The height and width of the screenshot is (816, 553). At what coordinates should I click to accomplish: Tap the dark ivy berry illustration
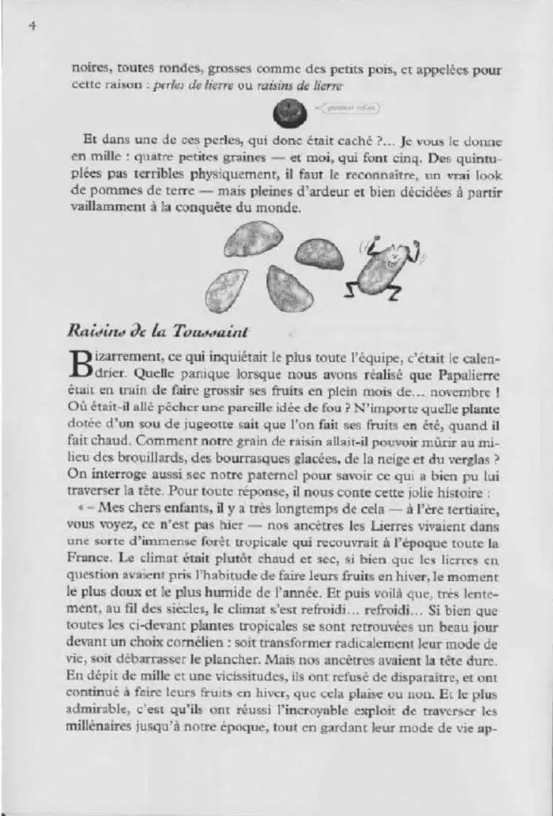pyautogui.click(x=285, y=114)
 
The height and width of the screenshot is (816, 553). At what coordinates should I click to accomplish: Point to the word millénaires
pyautogui.click(x=107, y=728)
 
